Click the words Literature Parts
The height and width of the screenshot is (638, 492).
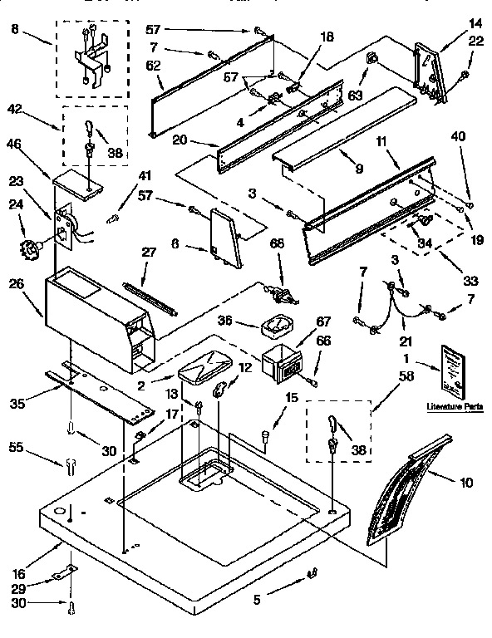tap(453, 406)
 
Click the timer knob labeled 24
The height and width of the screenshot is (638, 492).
tap(32, 248)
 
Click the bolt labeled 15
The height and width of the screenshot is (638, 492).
tap(265, 434)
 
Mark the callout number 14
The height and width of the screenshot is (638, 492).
tap(475, 23)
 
